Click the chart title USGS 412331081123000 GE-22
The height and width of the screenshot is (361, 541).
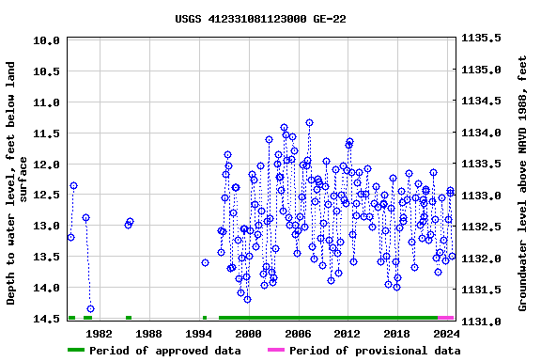point(260,19)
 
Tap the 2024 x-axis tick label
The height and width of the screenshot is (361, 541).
point(447,333)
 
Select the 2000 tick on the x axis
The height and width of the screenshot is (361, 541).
point(248,333)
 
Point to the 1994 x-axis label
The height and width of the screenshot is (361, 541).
point(198,333)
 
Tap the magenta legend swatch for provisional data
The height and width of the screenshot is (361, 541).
point(275,351)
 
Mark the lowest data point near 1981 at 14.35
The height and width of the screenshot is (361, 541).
point(90,308)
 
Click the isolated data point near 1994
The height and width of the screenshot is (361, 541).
point(205,262)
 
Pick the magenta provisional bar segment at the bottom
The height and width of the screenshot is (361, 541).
point(445,318)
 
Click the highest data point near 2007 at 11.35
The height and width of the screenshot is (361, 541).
point(309,122)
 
